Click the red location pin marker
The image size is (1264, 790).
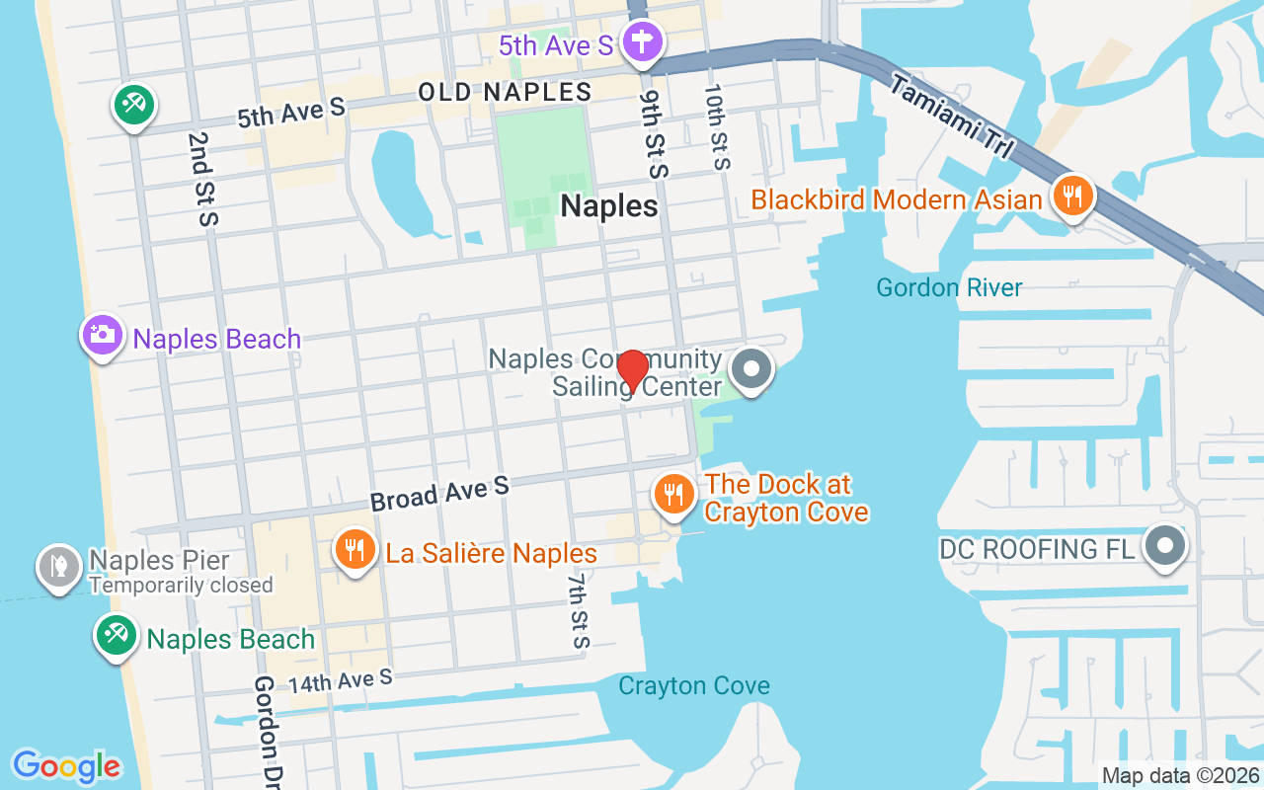(x=632, y=370)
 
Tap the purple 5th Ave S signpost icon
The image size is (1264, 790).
(x=643, y=43)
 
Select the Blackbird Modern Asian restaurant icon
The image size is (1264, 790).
(x=1071, y=196)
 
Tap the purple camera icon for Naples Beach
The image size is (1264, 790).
(x=102, y=336)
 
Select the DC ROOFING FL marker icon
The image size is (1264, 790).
(x=1165, y=546)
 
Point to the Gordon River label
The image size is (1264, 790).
(x=949, y=287)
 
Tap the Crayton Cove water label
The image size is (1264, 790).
(x=693, y=685)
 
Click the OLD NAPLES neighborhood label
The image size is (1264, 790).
(x=505, y=93)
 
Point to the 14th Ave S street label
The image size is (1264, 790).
(x=341, y=680)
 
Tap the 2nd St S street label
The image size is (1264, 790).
(x=200, y=179)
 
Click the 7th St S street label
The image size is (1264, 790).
(x=578, y=611)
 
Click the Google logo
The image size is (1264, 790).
(x=67, y=766)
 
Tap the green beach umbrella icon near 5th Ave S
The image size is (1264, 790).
(x=133, y=105)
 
